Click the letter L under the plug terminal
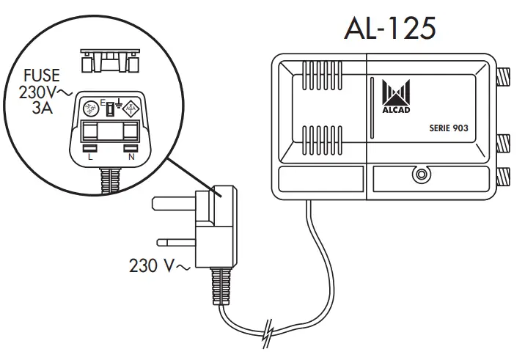(89, 156)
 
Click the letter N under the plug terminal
(131, 156)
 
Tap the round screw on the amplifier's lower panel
(421, 175)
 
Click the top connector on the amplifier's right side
(504, 75)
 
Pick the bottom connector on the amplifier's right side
(504, 175)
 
